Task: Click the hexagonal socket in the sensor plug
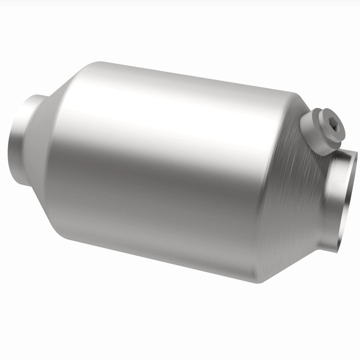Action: click(x=333, y=128)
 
